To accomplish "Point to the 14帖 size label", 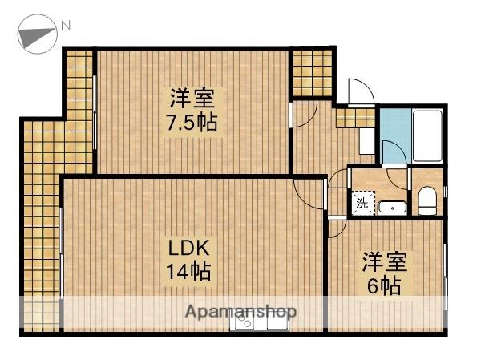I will coord(188,271).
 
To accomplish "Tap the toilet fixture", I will coord(427,200).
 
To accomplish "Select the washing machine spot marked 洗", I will coord(362,204).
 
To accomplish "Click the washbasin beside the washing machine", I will coord(392,207).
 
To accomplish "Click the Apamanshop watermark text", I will coord(240,310).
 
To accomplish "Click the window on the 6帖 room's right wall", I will coord(445,273).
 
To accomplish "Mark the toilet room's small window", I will coord(445,193).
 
